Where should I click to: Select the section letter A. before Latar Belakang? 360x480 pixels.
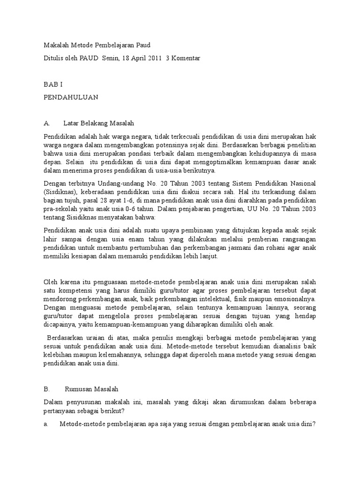click(x=47, y=123)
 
